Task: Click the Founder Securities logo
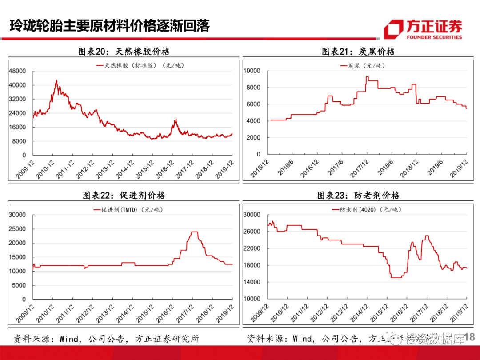point(423,29)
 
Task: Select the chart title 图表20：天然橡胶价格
point(124,52)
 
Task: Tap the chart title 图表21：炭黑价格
point(358,52)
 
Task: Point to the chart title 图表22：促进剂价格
point(124,195)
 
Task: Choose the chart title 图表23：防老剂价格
point(358,195)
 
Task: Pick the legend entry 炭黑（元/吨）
point(360,66)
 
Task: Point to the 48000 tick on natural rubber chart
point(18,71)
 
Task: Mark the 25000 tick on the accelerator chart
point(17,229)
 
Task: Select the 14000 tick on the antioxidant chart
point(252,282)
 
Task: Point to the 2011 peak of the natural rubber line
point(56,81)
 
